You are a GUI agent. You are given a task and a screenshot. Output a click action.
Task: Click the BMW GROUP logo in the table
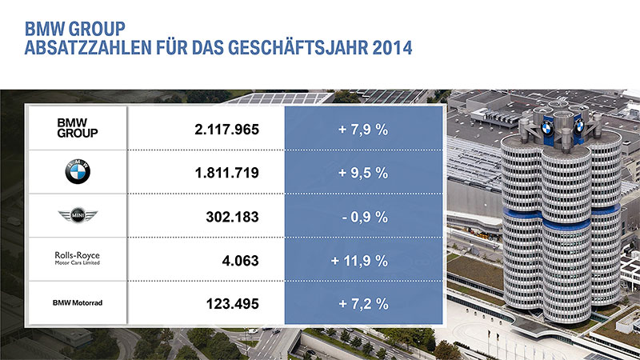[x=78, y=127]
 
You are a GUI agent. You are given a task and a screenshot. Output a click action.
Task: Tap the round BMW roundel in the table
[x=78, y=170]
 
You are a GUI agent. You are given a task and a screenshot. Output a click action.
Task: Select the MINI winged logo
[x=78, y=216]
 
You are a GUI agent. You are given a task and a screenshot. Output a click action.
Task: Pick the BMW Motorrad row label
[x=78, y=303]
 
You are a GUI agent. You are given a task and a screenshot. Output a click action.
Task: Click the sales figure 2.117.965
[x=227, y=128]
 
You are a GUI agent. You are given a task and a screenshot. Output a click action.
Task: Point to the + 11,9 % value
[x=359, y=260]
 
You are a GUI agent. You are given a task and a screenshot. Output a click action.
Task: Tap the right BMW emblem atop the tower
[x=579, y=126]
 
